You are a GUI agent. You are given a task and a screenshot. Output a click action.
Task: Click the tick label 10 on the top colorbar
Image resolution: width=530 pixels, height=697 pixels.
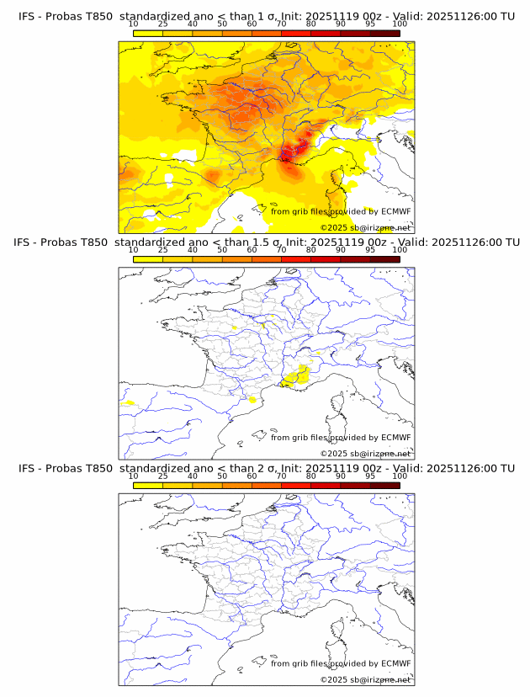134,24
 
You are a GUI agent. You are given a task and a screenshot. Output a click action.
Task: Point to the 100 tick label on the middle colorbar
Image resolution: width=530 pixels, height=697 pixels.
400,250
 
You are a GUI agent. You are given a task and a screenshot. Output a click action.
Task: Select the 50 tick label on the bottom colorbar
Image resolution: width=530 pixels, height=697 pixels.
222,476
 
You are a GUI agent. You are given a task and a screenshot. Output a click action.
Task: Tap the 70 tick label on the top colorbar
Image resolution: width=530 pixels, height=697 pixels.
281,24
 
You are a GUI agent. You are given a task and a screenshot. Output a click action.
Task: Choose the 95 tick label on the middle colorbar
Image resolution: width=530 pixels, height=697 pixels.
370,250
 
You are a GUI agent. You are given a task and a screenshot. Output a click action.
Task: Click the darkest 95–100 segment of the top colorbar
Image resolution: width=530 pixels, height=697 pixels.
384,33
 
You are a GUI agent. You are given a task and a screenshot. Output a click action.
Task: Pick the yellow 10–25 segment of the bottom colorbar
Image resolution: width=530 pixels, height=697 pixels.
148,486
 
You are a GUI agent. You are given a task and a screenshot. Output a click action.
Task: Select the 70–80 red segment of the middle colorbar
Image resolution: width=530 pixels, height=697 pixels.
295,259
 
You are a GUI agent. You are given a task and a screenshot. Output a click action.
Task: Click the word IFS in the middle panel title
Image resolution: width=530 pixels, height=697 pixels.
28,242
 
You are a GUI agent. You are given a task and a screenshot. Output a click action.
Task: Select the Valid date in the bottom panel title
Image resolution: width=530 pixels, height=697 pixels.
467,468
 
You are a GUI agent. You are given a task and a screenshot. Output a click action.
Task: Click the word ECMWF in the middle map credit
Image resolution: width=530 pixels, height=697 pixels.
395,438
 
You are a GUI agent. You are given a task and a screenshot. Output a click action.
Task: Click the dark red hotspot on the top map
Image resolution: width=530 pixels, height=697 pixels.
290,154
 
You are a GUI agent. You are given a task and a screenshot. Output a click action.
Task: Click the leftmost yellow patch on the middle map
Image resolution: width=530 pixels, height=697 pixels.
128,403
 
